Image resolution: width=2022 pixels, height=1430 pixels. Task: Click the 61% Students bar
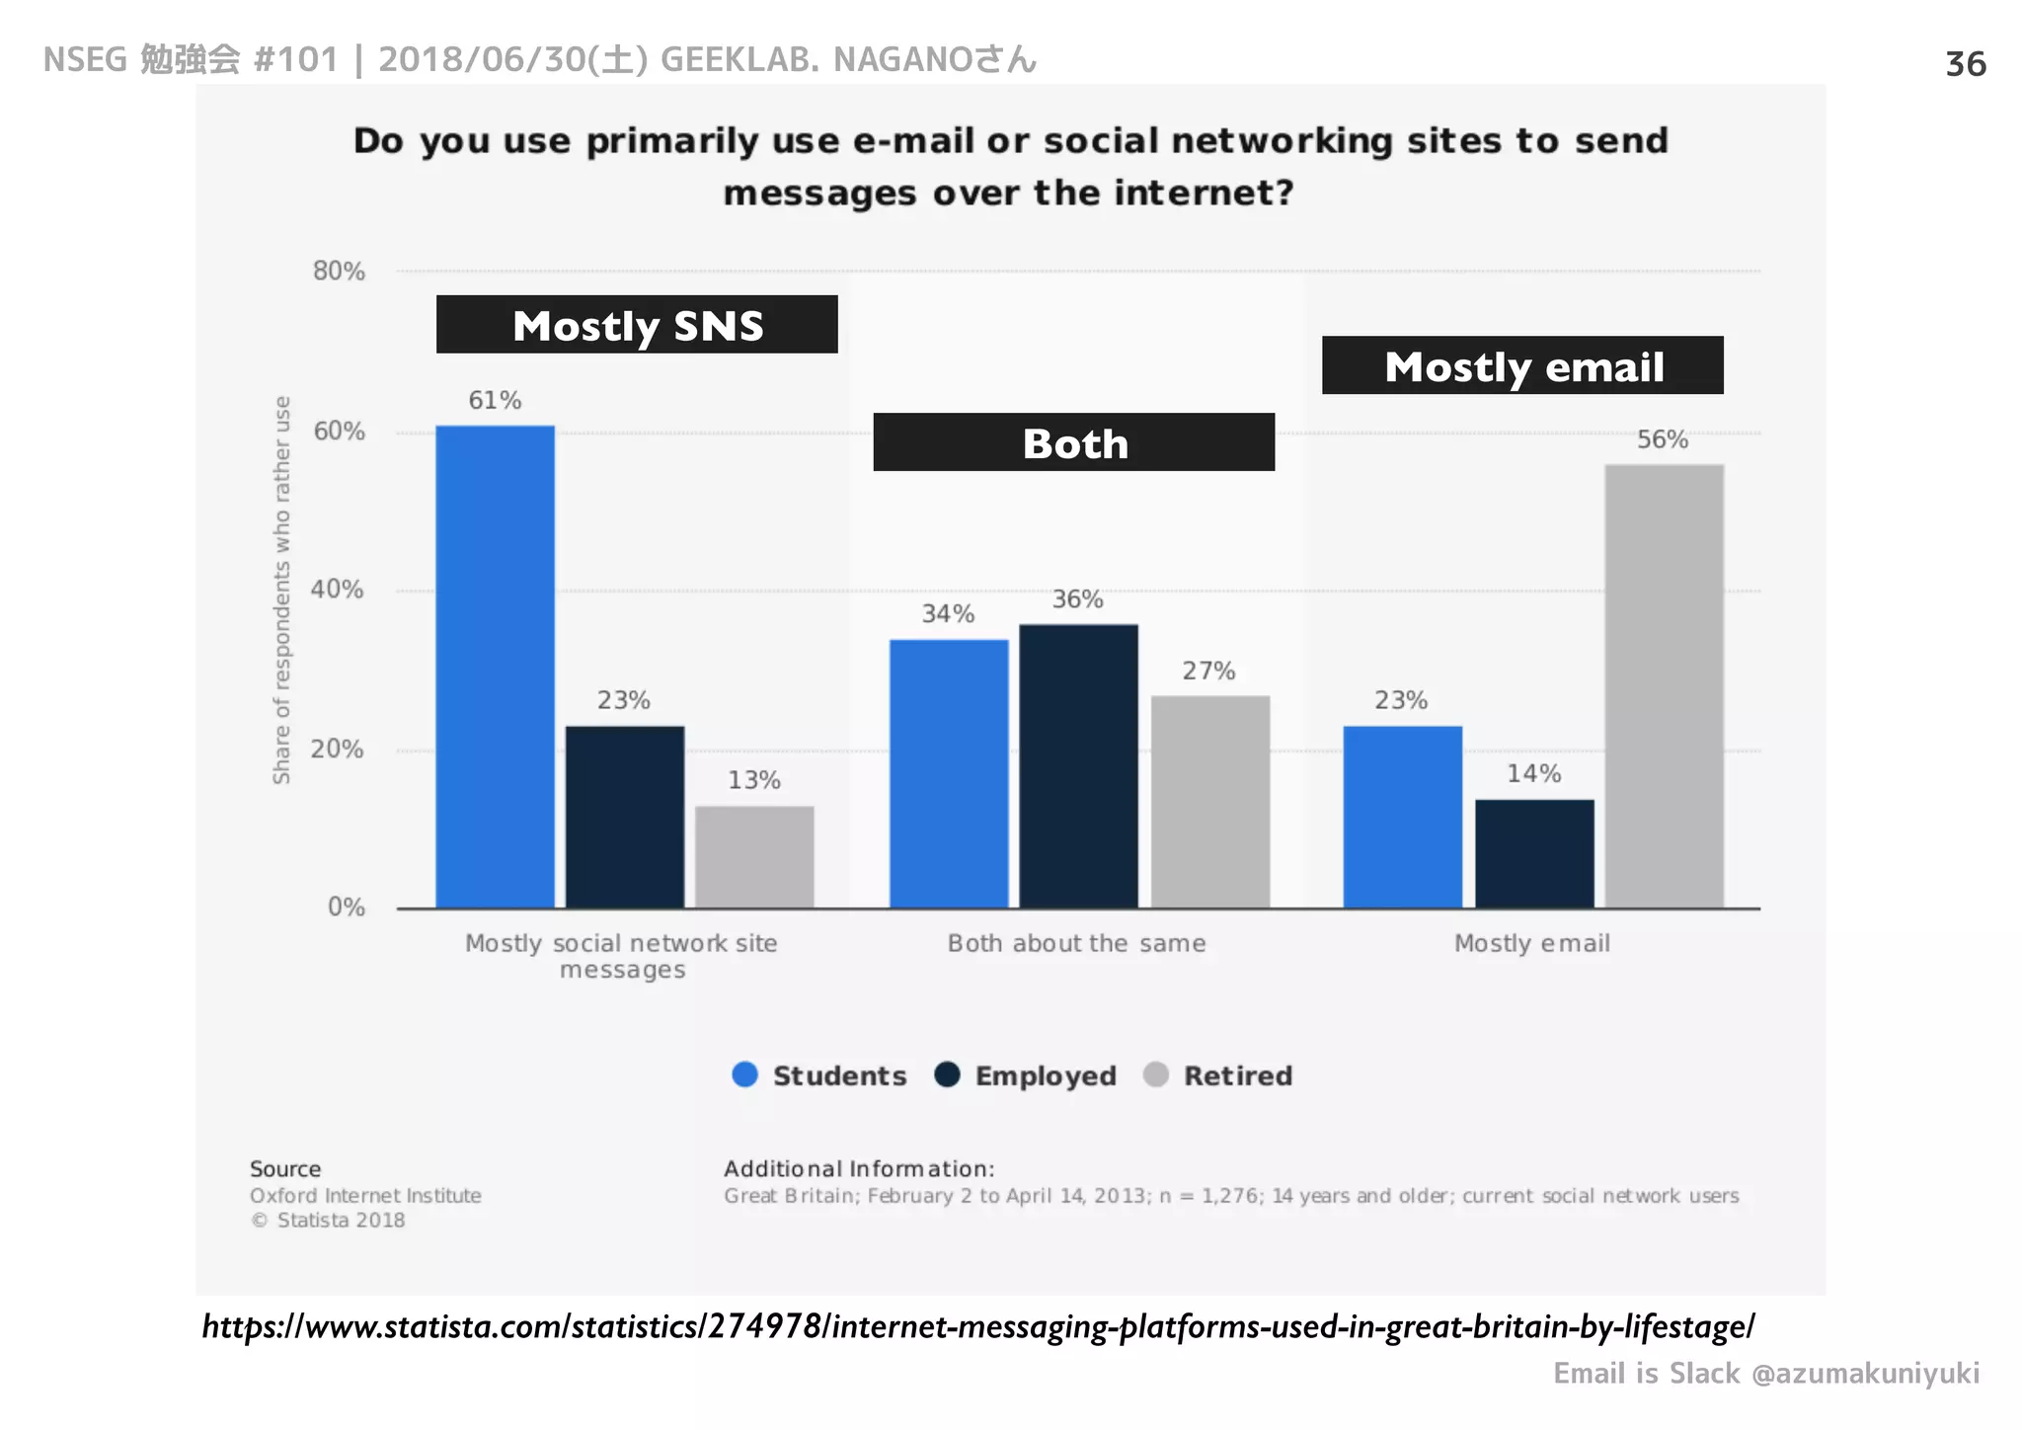[495, 667]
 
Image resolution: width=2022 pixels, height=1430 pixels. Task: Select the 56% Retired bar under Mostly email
[1664, 685]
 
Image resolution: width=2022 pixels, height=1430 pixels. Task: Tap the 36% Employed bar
[1078, 765]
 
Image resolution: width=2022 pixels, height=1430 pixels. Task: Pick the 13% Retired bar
[754, 856]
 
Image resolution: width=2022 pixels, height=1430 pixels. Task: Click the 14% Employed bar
[1534, 853]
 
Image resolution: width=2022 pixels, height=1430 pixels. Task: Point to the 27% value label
[1208, 672]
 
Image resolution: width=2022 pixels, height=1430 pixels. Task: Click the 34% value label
[948, 614]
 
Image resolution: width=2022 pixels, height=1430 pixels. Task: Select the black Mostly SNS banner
[637, 325]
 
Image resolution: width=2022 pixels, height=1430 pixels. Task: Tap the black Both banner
[1073, 442]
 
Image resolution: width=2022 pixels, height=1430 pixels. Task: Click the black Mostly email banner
[1522, 366]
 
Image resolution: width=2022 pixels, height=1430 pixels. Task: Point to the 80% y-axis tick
[339, 272]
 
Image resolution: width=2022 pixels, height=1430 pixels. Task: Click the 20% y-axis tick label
[337, 750]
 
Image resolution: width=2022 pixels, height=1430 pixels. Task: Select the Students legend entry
[819, 1075]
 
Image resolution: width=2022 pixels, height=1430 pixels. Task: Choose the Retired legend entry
[1218, 1075]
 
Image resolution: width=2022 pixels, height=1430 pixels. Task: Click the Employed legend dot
[947, 1074]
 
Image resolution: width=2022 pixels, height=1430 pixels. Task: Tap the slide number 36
[1965, 64]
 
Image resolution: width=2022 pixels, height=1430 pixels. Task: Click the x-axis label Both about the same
[1076, 944]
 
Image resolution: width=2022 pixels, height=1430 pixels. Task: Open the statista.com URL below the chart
[977, 1326]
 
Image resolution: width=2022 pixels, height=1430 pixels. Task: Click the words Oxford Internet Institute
[365, 1196]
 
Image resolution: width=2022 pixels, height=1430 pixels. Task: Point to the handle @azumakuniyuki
[1865, 1374]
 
